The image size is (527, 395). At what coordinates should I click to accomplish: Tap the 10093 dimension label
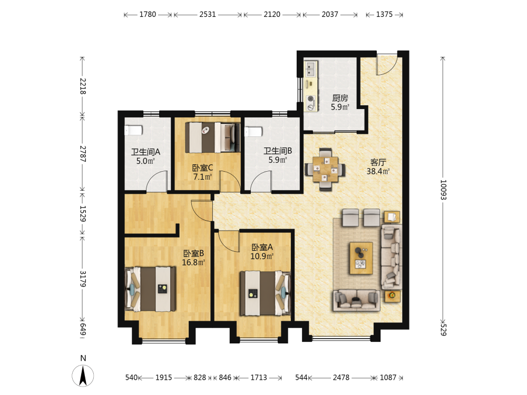tap(443, 190)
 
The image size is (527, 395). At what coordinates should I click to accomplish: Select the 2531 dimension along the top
tap(207, 14)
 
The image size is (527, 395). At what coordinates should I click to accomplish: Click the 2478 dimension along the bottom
tap(341, 378)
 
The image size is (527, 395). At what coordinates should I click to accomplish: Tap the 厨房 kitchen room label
tap(340, 98)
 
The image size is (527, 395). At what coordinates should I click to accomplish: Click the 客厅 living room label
tap(378, 163)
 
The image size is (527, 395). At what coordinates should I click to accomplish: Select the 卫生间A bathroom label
tap(145, 152)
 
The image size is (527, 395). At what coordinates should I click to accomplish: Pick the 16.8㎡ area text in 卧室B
tap(193, 262)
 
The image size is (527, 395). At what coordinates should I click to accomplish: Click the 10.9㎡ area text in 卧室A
tap(262, 256)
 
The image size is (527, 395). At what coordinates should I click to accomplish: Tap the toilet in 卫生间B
tap(253, 132)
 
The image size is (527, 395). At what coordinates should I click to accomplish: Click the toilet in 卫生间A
tap(133, 130)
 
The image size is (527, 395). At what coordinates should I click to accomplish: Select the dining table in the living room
tap(325, 169)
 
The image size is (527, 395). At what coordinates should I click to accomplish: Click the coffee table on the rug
tap(361, 258)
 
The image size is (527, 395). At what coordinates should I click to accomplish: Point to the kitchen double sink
tap(310, 70)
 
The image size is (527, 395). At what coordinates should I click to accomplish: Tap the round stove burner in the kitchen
tap(310, 99)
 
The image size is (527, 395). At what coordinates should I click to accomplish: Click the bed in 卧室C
tap(212, 137)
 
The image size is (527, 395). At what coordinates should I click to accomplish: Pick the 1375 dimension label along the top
tap(384, 14)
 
